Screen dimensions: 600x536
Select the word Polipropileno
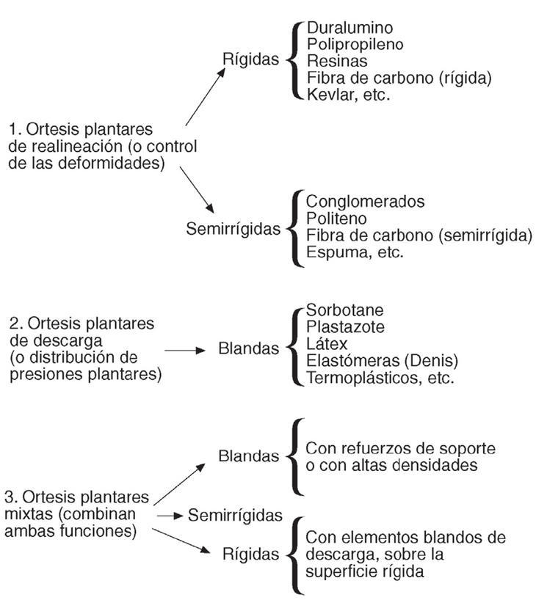pyautogui.click(x=355, y=45)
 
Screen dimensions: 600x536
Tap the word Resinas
pyautogui.click(x=337, y=62)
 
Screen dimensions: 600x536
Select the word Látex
pyautogui.click(x=327, y=344)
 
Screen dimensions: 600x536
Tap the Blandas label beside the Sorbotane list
pyautogui.click(x=249, y=349)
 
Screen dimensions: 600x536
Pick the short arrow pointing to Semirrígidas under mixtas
pyautogui.click(x=170, y=516)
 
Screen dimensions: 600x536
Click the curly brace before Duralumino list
pyautogui.click(x=296, y=60)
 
